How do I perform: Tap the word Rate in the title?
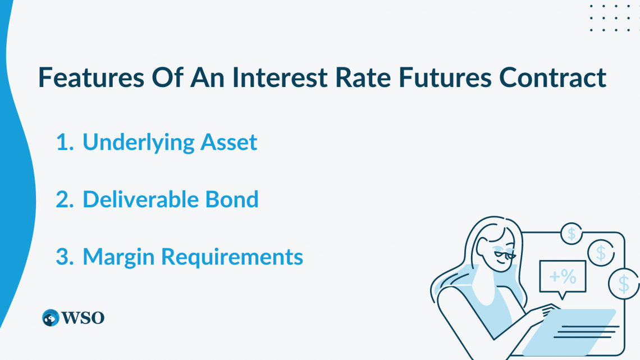tap(363, 78)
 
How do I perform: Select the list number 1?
tap(64, 143)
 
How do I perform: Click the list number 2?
tap(65, 200)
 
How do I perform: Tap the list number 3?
tap(65, 257)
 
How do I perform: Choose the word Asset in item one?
tap(228, 143)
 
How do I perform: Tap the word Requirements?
tap(232, 257)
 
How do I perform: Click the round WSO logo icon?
tap(51, 318)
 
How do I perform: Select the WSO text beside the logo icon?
tap(84, 318)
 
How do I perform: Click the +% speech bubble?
tap(562, 277)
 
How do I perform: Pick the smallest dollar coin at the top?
tap(572, 233)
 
